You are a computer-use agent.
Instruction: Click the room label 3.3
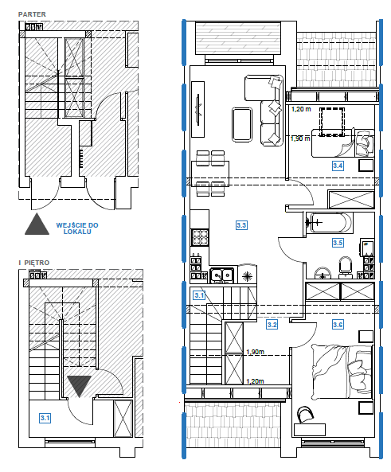coord(241,225)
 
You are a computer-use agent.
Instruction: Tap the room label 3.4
coord(338,166)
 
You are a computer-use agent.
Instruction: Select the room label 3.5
coord(338,243)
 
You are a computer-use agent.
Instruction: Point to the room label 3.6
coord(338,325)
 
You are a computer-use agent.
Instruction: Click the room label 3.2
coord(272,325)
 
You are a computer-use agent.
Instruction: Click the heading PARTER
coord(32,14)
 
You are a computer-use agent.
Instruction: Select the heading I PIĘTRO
coord(34,263)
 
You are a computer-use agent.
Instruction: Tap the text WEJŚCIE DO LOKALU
coord(77,228)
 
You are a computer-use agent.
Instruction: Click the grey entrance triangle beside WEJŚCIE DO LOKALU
coord(37,225)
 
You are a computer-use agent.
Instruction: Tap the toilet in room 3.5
coord(346,267)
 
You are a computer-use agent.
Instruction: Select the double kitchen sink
coord(221,275)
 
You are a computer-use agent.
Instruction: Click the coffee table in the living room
coord(242,124)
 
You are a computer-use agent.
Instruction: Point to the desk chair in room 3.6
coord(305,415)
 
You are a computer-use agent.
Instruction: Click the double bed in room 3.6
coord(342,372)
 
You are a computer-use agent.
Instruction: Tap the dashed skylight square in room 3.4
coord(331,122)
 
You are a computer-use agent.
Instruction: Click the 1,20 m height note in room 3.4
coord(301,109)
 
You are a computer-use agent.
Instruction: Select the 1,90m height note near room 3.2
coord(256,352)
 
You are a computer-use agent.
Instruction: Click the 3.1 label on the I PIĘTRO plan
coord(45,418)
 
